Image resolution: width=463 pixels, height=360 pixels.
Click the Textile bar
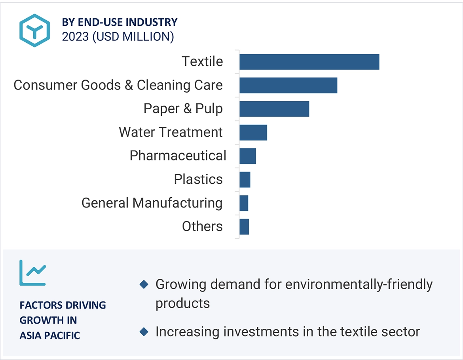click(309, 62)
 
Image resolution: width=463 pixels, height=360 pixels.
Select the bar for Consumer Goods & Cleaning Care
click(288, 85)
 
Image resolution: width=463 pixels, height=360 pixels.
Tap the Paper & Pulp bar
click(274, 109)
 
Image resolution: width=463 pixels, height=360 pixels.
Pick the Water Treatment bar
click(253, 132)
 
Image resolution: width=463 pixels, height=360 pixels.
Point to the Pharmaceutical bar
click(247, 156)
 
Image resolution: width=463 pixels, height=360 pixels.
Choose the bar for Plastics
click(245, 179)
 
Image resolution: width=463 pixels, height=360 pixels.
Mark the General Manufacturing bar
click(244, 203)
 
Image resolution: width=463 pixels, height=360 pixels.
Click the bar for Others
click(244, 227)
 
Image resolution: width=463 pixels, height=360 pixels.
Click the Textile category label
click(202, 61)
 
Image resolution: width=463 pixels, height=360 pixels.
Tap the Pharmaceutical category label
click(178, 156)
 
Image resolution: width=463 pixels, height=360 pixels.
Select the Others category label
click(202, 227)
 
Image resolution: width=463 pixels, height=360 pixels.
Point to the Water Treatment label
click(171, 132)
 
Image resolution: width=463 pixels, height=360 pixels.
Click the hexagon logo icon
click(35, 30)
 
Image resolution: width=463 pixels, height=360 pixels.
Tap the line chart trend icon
click(32, 273)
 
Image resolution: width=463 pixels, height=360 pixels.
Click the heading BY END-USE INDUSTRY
click(120, 22)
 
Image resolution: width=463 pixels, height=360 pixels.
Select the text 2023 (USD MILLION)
click(118, 36)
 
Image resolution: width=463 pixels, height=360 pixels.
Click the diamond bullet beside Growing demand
click(144, 284)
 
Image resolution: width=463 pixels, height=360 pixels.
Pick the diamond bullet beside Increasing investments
click(144, 331)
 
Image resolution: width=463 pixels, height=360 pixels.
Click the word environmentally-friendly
click(359, 284)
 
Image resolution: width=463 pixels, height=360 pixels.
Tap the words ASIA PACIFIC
click(50, 335)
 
